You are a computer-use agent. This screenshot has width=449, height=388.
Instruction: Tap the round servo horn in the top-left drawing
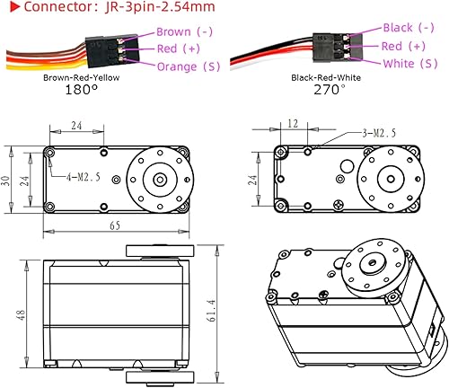160,179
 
